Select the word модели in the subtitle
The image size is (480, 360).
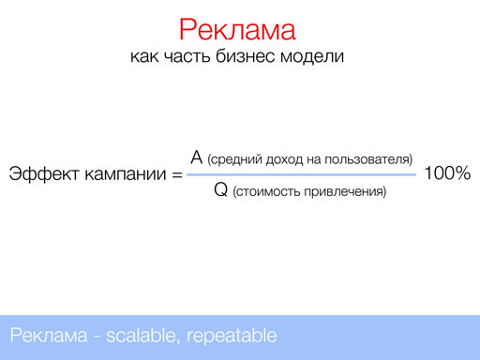pos(316,57)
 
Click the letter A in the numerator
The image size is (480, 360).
pos(196,157)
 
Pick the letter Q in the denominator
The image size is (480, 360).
pos(221,191)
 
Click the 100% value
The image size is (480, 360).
pos(447,174)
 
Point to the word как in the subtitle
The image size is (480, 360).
pos(149,57)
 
